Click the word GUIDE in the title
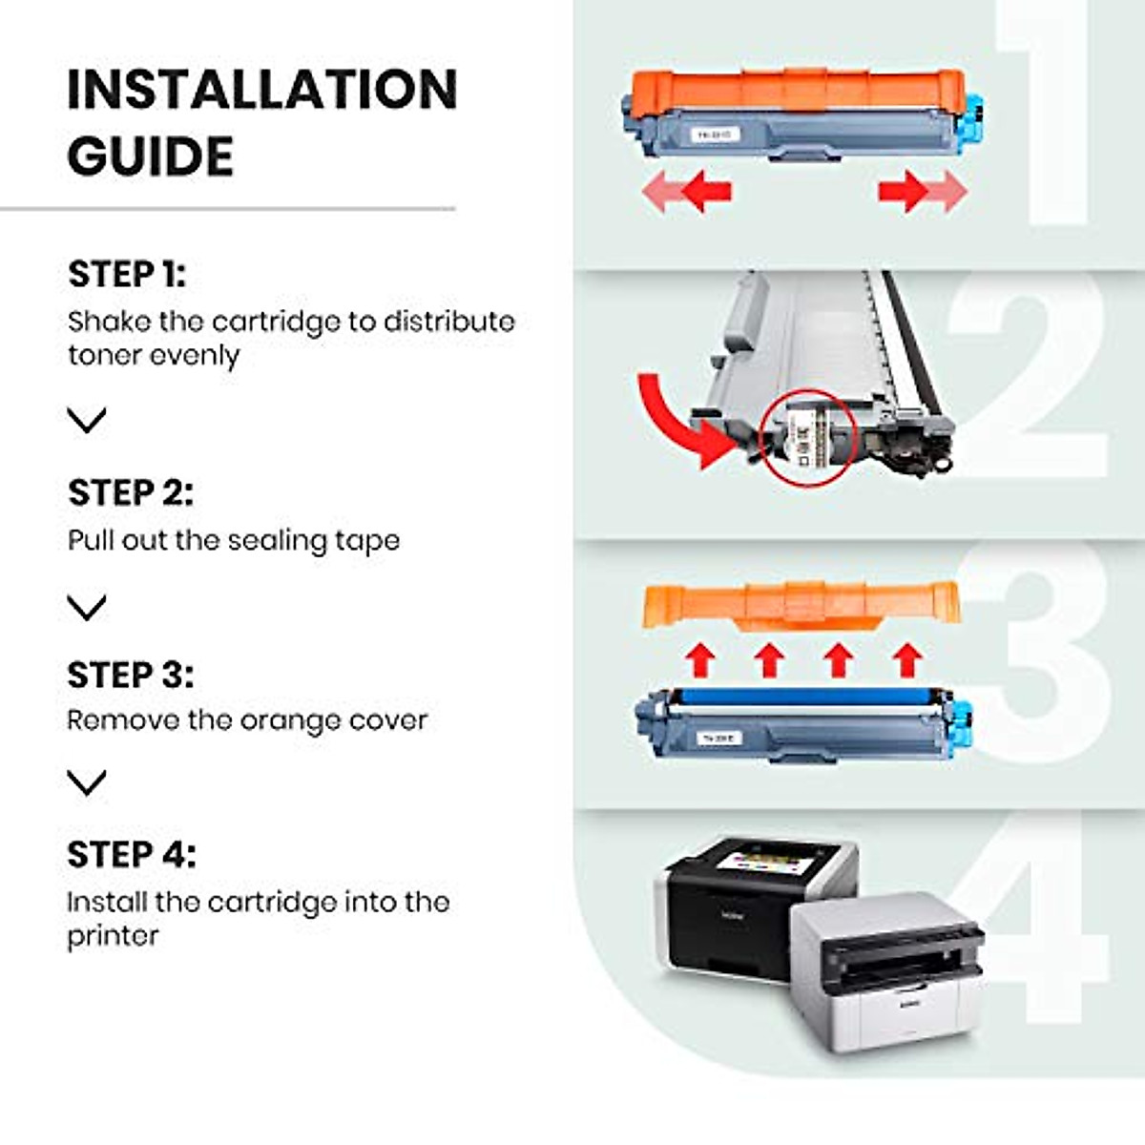coord(150,156)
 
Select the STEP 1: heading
coord(127,274)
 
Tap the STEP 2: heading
coord(130,492)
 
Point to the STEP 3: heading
coord(130,675)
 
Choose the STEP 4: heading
coord(131,854)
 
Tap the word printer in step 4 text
coord(113,936)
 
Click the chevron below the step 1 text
coord(87,420)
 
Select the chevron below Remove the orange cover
coord(87,782)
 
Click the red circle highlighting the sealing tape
coord(807,436)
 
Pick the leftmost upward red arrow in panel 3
coord(701,659)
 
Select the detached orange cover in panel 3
coord(800,604)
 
